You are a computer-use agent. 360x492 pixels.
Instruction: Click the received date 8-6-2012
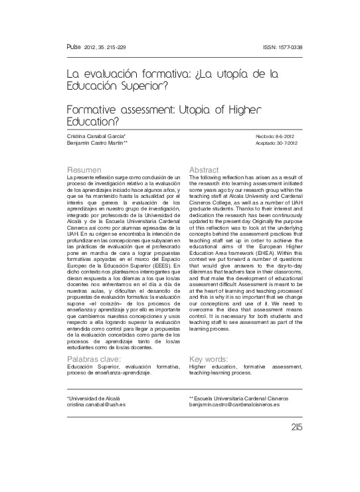coord(282,135)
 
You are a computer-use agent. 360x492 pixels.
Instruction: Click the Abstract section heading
coord(204,170)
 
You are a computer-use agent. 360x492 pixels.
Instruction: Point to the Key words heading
coord(209,359)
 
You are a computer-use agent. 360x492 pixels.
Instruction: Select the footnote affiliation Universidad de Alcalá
coord(90,397)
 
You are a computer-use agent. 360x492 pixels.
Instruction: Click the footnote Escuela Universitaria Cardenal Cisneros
coord(240,397)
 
